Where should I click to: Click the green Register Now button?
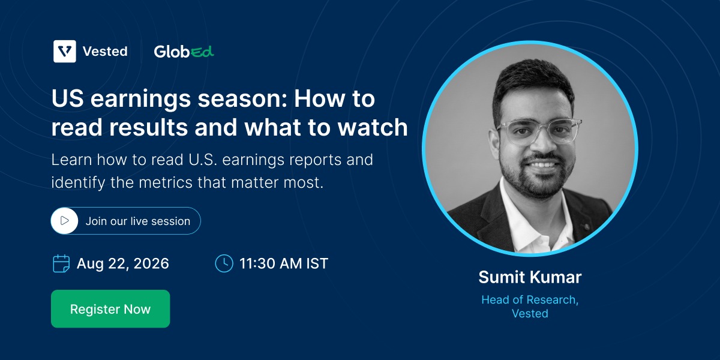(110, 308)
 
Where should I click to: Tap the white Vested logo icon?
(65, 51)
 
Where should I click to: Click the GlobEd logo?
(184, 52)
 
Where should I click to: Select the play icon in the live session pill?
(65, 221)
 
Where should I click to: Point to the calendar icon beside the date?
(61, 263)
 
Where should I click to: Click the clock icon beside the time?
(224, 263)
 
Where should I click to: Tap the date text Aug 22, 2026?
(123, 264)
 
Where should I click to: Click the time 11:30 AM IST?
(284, 263)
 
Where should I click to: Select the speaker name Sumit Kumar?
(530, 277)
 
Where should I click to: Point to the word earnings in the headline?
(140, 100)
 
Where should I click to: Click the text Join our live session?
(138, 221)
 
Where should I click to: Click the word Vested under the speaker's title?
(530, 313)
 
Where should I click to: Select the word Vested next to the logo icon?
(105, 52)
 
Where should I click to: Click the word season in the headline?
(242, 99)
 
